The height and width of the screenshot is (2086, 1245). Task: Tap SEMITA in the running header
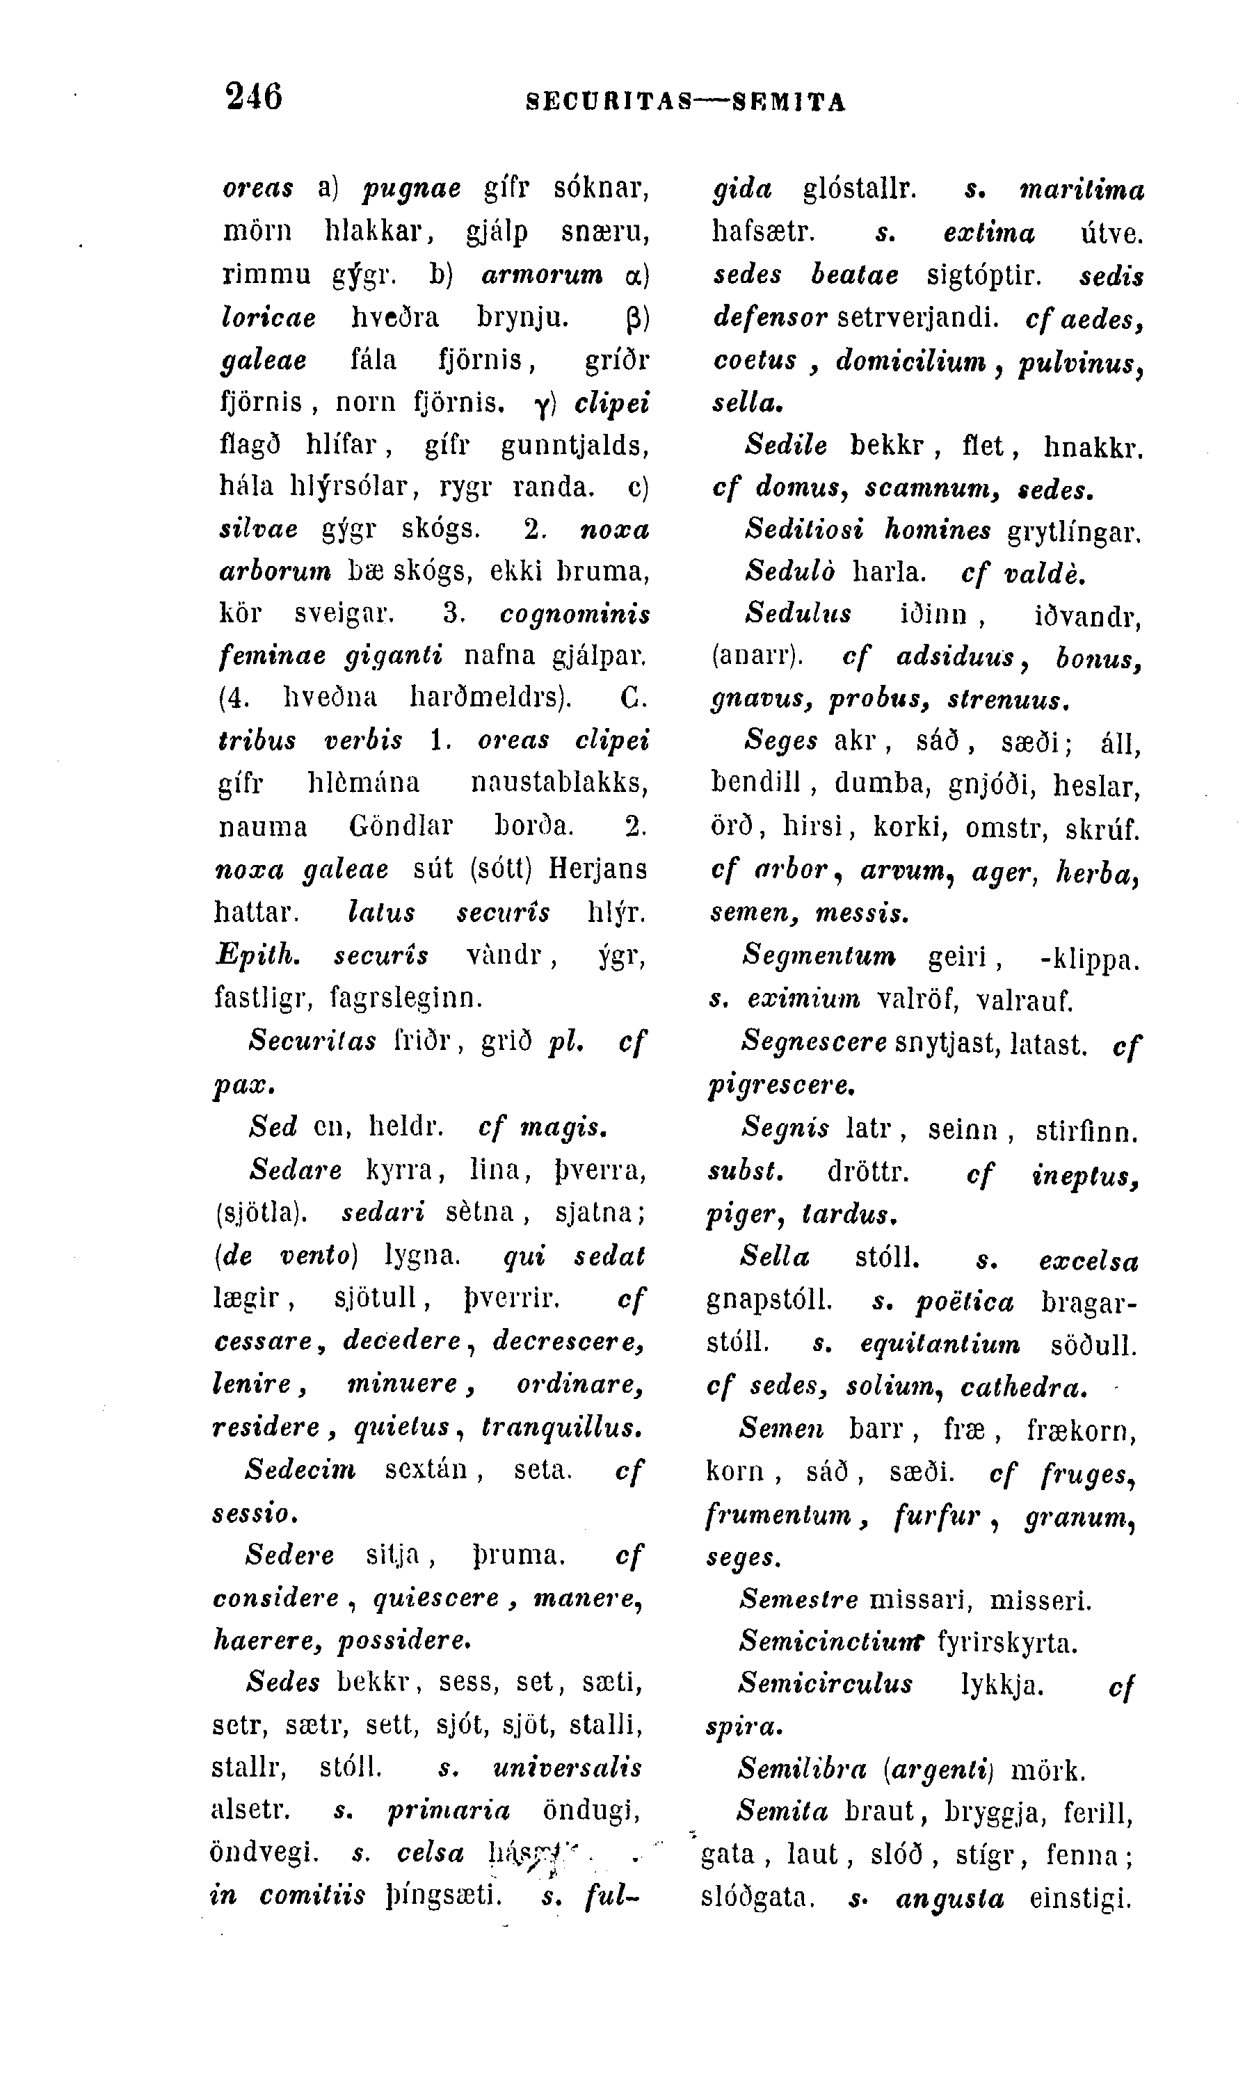(789, 102)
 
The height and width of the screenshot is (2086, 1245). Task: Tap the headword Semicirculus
(826, 1683)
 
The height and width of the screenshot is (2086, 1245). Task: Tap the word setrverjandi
(919, 317)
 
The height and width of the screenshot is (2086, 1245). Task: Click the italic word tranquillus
(563, 1427)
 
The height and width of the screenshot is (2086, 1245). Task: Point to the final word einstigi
(1081, 1898)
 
